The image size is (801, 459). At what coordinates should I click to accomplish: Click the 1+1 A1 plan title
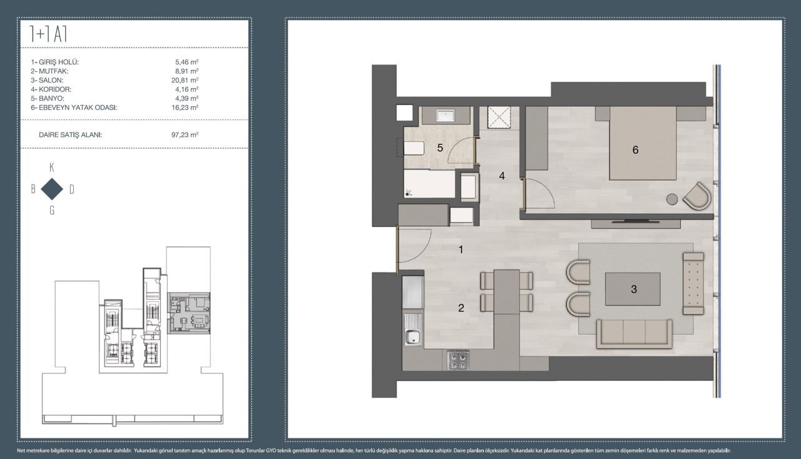(x=48, y=34)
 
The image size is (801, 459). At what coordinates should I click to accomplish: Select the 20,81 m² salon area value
(x=185, y=81)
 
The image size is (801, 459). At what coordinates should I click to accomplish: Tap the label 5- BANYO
(x=48, y=98)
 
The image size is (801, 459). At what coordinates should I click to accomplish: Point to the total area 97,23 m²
(x=185, y=135)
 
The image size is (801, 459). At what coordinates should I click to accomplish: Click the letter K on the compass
(x=52, y=168)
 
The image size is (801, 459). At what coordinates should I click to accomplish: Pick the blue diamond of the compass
(x=52, y=189)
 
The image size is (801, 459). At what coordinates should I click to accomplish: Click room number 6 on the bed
(x=635, y=150)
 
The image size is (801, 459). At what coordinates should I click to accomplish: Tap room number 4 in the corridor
(x=502, y=176)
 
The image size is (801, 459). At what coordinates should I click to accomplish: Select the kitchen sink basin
(x=413, y=336)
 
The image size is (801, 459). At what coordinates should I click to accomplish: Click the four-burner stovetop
(x=458, y=360)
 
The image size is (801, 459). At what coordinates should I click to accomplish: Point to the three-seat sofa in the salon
(x=634, y=334)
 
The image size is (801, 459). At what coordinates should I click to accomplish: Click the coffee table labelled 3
(x=633, y=289)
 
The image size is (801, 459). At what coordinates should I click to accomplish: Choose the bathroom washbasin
(x=445, y=116)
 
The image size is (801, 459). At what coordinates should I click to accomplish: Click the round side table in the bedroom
(x=672, y=199)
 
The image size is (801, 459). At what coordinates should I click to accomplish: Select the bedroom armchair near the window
(x=696, y=196)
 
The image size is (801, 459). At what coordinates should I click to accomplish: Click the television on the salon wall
(x=635, y=222)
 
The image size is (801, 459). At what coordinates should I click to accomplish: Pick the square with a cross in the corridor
(x=499, y=118)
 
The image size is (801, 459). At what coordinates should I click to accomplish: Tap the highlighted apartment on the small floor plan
(x=189, y=313)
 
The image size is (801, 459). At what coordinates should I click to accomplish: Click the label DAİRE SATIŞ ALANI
(x=71, y=135)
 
